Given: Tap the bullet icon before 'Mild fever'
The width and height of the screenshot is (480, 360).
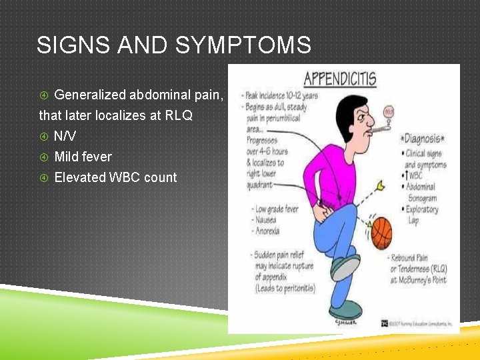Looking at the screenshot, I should point(44,157).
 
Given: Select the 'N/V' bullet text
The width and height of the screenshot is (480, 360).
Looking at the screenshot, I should point(65,136).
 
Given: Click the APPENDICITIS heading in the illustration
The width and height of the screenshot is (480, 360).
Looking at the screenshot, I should point(339,79).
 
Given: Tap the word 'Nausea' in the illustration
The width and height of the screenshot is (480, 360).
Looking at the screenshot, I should point(266,221).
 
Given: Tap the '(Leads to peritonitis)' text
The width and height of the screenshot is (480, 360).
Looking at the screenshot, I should point(285,288).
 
